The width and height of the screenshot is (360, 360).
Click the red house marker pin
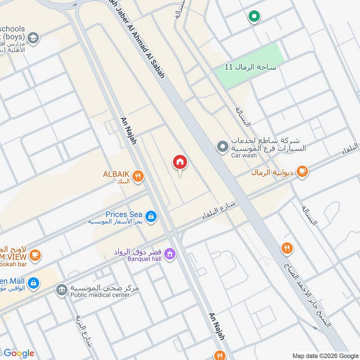[x=180, y=162]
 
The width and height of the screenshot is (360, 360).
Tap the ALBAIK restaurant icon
[x=138, y=177]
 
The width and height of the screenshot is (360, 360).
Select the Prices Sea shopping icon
[x=151, y=217]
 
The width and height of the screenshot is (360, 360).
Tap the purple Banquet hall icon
[x=170, y=254]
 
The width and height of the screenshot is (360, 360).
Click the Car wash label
[x=244, y=156]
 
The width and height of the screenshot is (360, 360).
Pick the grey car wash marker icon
[x=222, y=146]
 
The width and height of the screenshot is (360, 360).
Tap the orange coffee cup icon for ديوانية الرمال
[x=302, y=171]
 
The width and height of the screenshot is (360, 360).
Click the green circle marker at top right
[x=254, y=17]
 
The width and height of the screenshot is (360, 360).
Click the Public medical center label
[x=99, y=294]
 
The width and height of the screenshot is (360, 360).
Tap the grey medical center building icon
[x=61, y=290]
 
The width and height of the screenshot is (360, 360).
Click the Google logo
[x=18, y=353]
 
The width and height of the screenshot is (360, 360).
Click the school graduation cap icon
[x=32, y=38]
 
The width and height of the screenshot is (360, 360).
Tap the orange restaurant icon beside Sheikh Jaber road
[x=287, y=247]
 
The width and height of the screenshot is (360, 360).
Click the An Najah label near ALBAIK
[x=128, y=131]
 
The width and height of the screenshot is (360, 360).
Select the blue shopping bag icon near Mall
[x=32, y=283]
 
